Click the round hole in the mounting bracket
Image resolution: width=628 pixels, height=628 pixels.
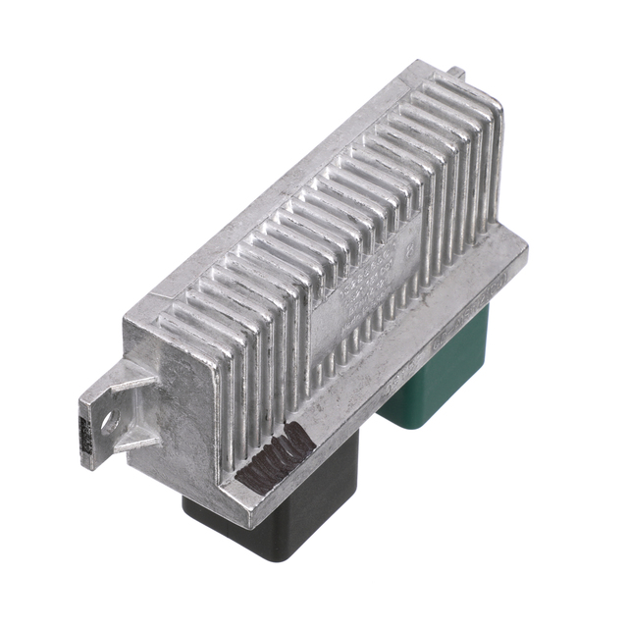[109, 421]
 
